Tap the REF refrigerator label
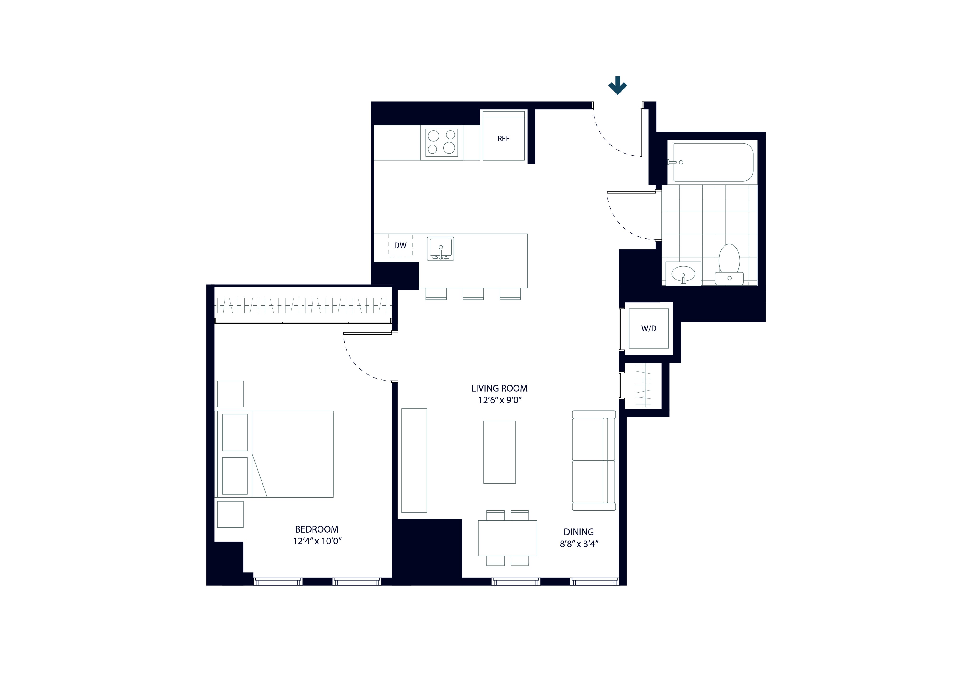coord(503,139)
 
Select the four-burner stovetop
coord(442,142)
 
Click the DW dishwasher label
coord(400,246)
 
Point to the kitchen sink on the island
coord(440,249)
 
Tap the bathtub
coord(713,162)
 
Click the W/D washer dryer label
coord(649,328)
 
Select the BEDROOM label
coord(317,529)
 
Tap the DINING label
coord(578,532)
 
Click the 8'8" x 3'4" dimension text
coord(578,544)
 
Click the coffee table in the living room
coord(500,452)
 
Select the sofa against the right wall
coord(593,461)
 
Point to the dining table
coord(507,538)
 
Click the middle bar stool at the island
coord(473,294)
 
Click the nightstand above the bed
coord(230,394)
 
